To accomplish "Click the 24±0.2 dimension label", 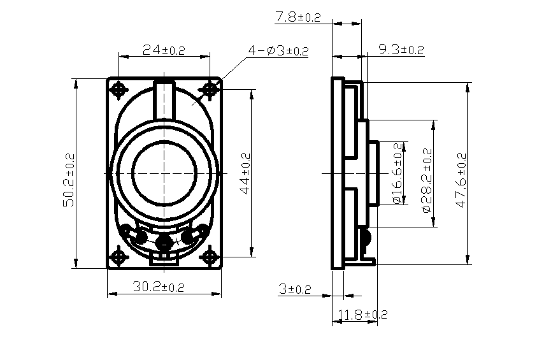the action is (164, 50).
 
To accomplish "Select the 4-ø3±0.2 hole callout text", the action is (278, 51).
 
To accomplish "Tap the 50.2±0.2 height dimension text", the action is (69, 180).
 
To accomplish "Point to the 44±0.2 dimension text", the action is (245, 173).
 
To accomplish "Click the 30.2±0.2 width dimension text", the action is (159, 286).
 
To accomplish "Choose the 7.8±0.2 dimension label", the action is (298, 17).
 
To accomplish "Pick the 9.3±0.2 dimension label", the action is (401, 50).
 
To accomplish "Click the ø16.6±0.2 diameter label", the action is (397, 173).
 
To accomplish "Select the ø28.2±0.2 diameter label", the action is (427, 180).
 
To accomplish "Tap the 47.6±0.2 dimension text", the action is (461, 180).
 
